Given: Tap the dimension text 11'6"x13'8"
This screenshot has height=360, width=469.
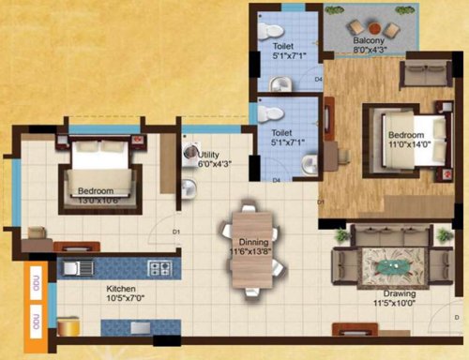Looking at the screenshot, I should [x=250, y=252].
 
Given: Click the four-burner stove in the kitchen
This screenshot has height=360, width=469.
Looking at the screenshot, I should [x=159, y=270].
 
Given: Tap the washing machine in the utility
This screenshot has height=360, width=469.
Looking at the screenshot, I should [x=190, y=153].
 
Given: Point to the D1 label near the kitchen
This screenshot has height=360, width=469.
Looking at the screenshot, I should [x=175, y=231].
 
